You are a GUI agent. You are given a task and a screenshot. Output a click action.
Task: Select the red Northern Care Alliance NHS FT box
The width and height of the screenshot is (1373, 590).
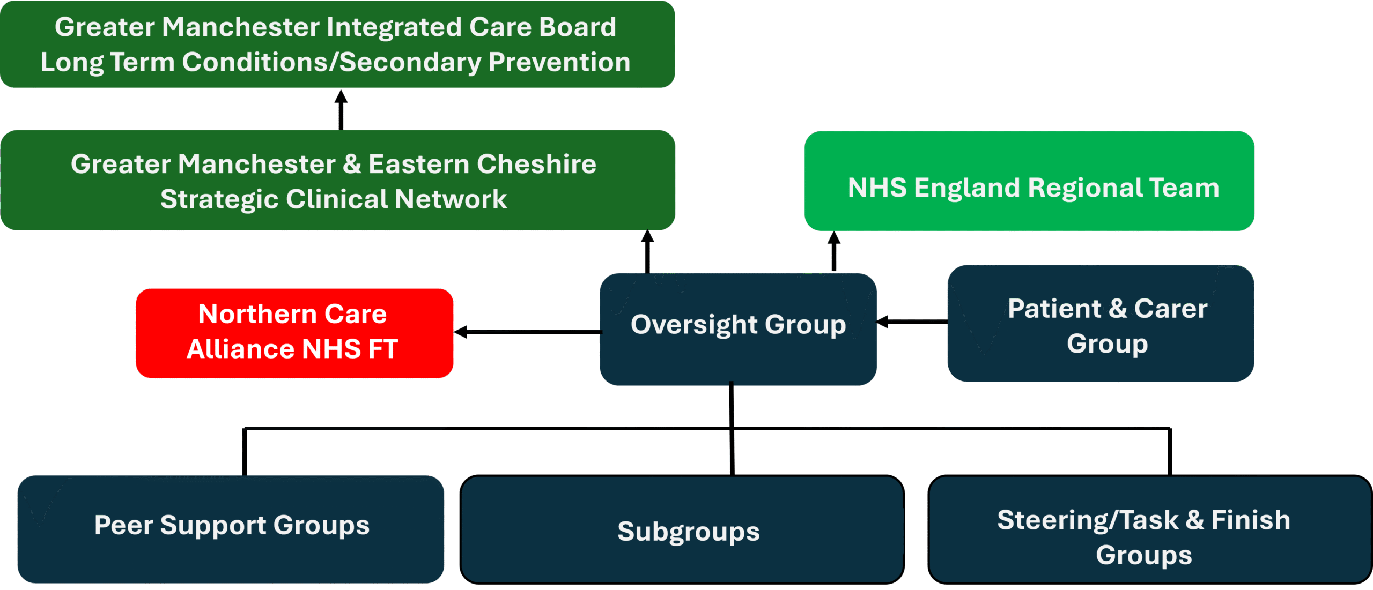tap(294, 332)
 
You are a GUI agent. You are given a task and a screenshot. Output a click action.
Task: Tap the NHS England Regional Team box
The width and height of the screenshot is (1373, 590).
tap(1029, 181)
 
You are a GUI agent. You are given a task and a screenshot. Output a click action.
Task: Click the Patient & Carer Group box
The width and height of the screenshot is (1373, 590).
tap(1101, 324)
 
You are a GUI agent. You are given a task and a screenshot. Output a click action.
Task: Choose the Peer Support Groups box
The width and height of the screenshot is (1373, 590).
tap(231, 529)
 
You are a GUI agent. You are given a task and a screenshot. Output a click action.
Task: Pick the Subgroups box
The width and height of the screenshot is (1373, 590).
tap(682, 531)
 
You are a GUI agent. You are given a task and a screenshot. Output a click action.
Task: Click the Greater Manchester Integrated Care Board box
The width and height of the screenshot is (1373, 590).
tap(337, 44)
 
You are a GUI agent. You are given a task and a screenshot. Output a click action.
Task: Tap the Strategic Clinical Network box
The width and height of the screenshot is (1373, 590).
tap(337, 181)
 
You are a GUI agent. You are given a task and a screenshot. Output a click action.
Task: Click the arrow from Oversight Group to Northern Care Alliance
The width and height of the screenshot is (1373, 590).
tap(528, 332)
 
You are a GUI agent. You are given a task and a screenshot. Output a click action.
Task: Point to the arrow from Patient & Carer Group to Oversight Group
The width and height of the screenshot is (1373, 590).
tap(912, 322)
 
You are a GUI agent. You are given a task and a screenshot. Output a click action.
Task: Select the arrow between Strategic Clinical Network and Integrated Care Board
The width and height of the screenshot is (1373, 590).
tap(341, 109)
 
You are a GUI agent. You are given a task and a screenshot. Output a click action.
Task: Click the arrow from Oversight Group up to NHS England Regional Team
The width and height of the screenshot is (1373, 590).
tap(834, 252)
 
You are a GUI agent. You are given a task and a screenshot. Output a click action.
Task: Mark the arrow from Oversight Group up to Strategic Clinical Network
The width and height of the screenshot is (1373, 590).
tap(647, 252)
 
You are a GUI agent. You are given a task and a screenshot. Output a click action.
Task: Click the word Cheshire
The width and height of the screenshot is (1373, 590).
tap(536, 164)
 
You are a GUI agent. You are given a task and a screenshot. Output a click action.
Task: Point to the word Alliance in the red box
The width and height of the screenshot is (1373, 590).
tap(240, 349)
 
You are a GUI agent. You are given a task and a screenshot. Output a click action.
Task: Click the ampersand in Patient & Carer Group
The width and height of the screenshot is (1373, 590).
tap(1118, 309)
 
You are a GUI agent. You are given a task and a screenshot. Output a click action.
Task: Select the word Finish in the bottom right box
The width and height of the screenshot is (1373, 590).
tap(1251, 520)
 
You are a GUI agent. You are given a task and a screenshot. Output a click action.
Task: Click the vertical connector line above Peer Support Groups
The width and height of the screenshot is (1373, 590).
tap(245, 451)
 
